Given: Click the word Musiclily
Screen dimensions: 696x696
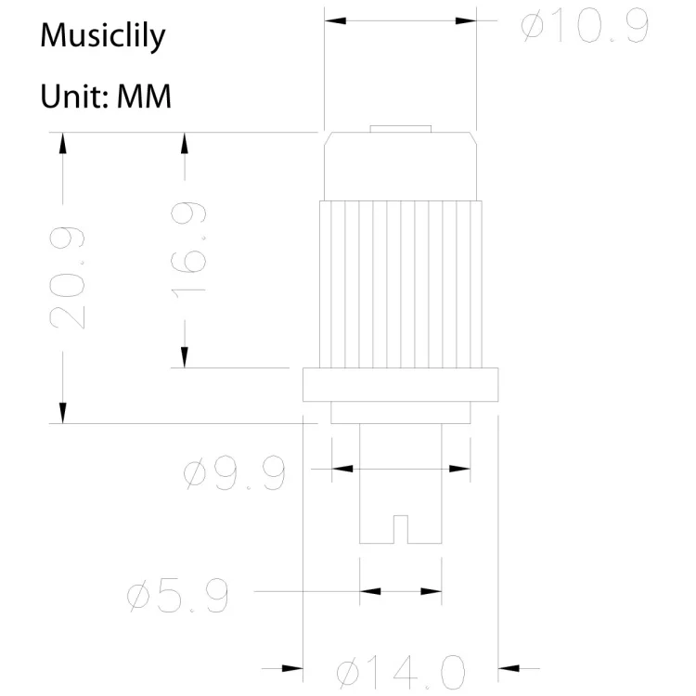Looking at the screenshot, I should tap(103, 37).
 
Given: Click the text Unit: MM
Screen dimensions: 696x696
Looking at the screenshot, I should tap(106, 96).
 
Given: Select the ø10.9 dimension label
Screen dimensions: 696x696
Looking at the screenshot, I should tap(584, 28).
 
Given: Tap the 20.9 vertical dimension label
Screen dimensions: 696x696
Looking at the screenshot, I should tap(70, 277).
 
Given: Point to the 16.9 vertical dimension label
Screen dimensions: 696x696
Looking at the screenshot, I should tap(189, 250).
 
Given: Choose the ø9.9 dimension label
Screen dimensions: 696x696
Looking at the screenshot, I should tap(235, 474).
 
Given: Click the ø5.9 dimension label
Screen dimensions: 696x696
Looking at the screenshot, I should tap(177, 597).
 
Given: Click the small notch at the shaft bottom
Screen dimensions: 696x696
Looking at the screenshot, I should tap(401, 529).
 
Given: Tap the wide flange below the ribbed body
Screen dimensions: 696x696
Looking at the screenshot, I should tap(401, 384).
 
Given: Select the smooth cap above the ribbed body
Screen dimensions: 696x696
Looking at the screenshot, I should tap(400, 167).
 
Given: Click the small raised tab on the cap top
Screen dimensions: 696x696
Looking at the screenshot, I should tap(400, 129).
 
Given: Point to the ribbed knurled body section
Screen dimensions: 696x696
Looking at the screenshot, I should tap(401, 284).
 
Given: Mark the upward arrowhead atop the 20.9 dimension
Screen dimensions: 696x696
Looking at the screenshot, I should tap(63, 142).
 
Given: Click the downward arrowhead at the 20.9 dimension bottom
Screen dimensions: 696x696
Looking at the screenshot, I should tap(63, 413).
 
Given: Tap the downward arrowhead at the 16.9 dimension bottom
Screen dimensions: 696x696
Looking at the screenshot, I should tap(185, 358).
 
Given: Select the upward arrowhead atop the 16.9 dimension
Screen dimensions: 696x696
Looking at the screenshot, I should tap(185, 142).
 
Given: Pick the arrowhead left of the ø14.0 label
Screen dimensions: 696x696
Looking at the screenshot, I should tap(292, 667).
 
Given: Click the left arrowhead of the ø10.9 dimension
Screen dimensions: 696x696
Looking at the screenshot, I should tap(333, 19).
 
